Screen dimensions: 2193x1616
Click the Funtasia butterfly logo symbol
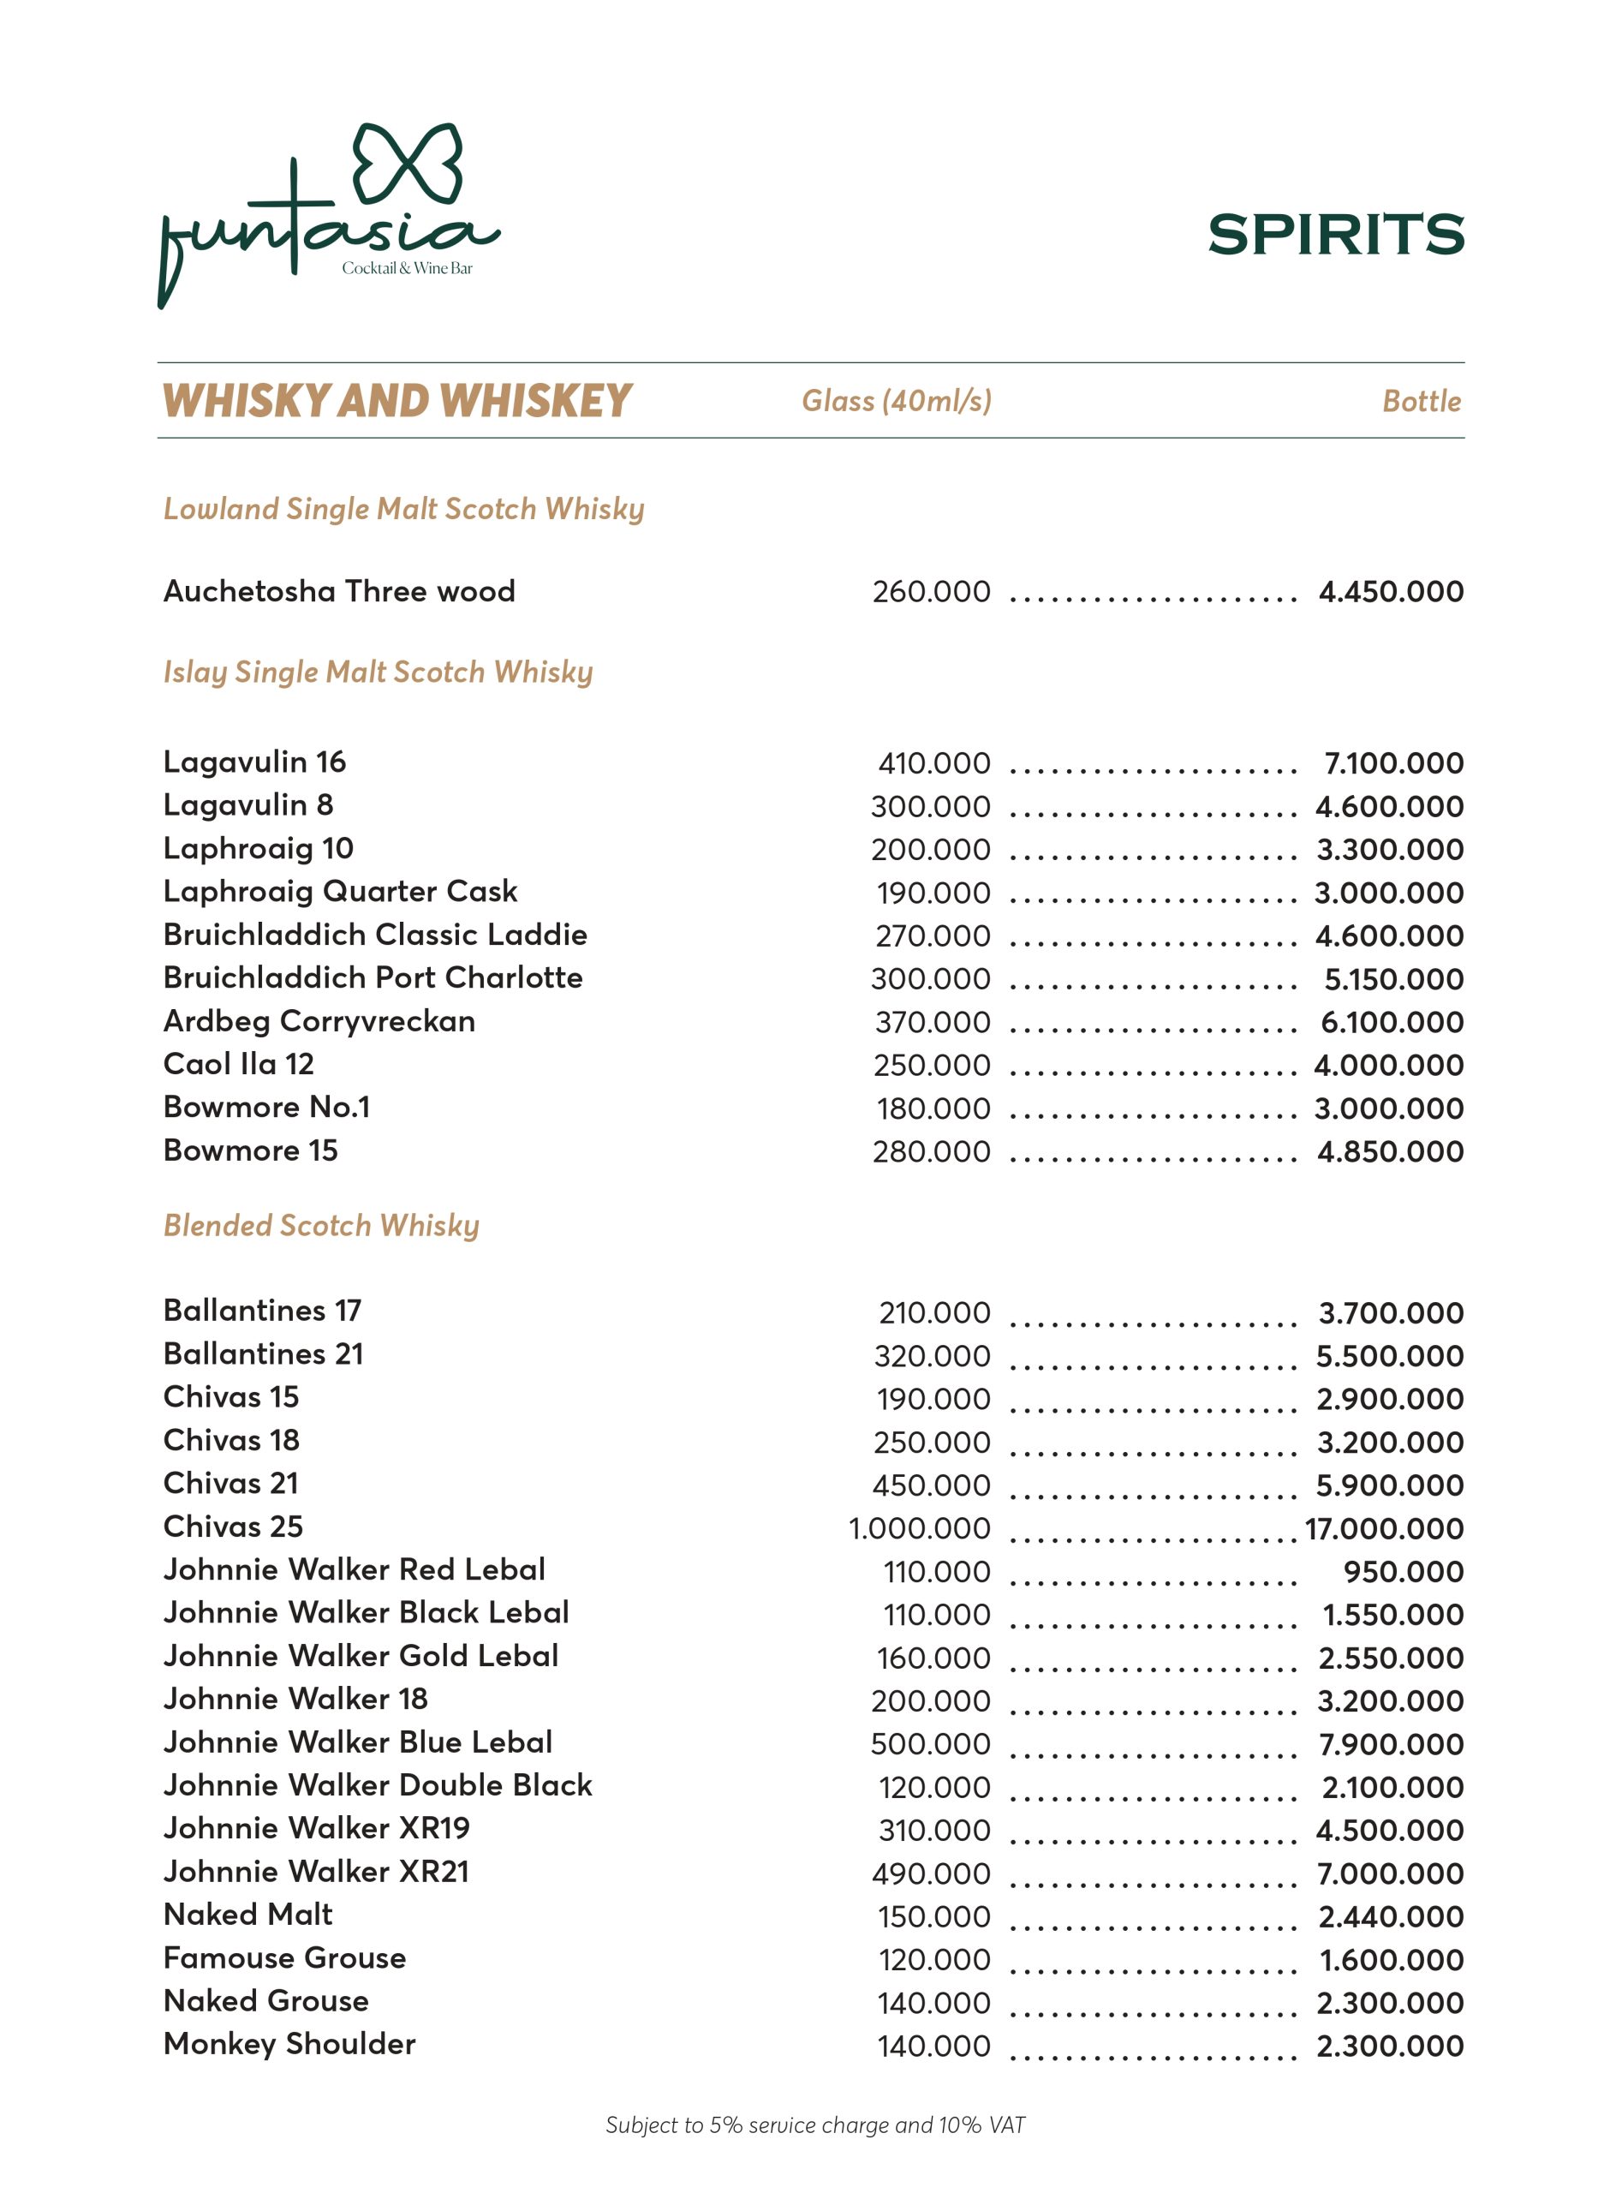point(407,164)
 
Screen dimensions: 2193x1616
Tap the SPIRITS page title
point(1335,235)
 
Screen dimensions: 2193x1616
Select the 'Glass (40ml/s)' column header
point(896,400)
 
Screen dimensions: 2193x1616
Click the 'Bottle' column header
point(1422,401)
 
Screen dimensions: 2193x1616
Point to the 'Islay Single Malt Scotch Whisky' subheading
point(378,672)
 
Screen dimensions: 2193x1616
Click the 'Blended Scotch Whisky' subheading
point(321,1225)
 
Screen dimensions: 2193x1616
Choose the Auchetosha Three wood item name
point(338,591)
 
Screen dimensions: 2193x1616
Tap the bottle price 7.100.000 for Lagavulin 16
point(1393,763)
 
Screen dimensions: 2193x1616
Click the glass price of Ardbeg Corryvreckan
point(933,1023)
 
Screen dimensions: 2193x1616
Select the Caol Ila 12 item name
point(239,1064)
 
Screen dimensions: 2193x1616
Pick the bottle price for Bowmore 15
point(1390,1152)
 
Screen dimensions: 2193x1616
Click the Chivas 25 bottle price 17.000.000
point(1384,1528)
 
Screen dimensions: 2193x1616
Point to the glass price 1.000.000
point(919,1528)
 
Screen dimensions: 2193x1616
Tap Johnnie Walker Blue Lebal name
point(358,1742)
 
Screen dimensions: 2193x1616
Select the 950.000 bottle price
point(1403,1572)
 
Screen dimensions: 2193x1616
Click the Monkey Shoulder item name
point(289,2043)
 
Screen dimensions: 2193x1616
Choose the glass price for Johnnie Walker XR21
point(931,1874)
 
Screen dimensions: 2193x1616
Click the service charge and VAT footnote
point(814,2124)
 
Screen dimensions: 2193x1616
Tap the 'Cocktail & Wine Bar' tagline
point(407,268)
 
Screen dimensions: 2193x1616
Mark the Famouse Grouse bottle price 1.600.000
point(1391,1960)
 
